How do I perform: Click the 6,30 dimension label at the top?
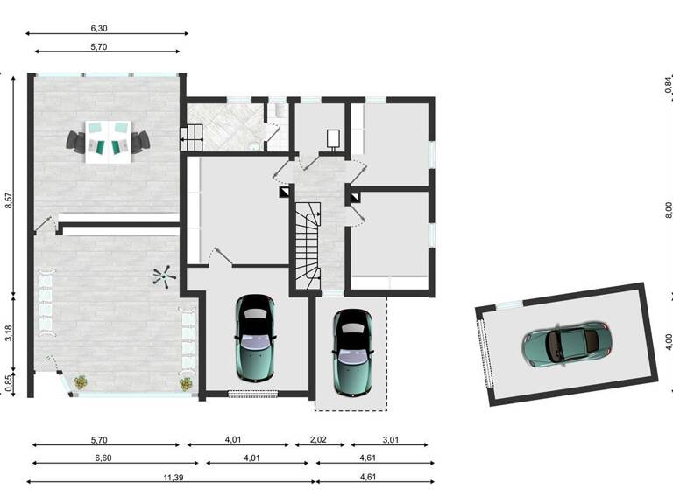tap(106, 28)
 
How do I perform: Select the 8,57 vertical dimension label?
tap(9, 199)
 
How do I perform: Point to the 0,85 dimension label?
tap(9, 382)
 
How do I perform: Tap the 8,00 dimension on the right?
tap(669, 210)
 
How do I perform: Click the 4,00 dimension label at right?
tap(669, 339)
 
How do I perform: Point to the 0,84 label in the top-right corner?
tap(669, 85)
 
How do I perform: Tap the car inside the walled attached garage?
tap(255, 334)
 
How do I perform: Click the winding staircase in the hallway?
tap(308, 244)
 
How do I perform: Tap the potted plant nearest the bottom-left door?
tap(81, 381)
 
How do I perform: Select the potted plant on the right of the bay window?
tap(186, 382)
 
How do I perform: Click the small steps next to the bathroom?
tap(191, 136)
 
